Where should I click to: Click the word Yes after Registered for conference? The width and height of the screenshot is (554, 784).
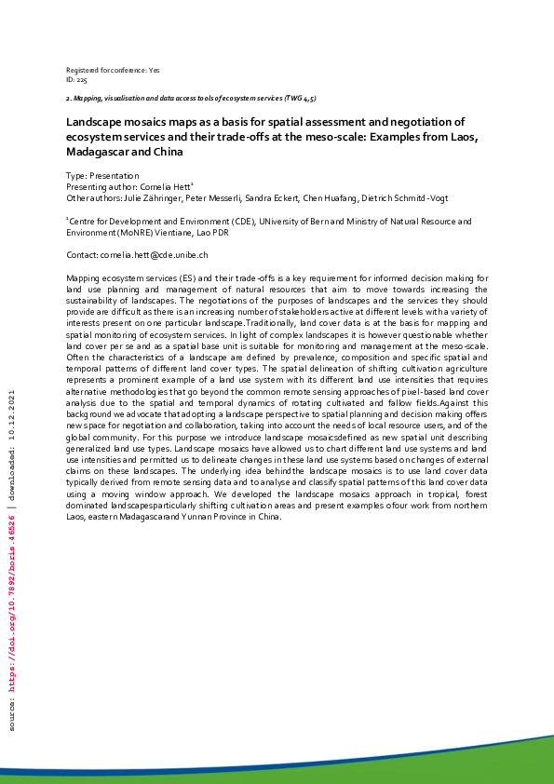point(155,71)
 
